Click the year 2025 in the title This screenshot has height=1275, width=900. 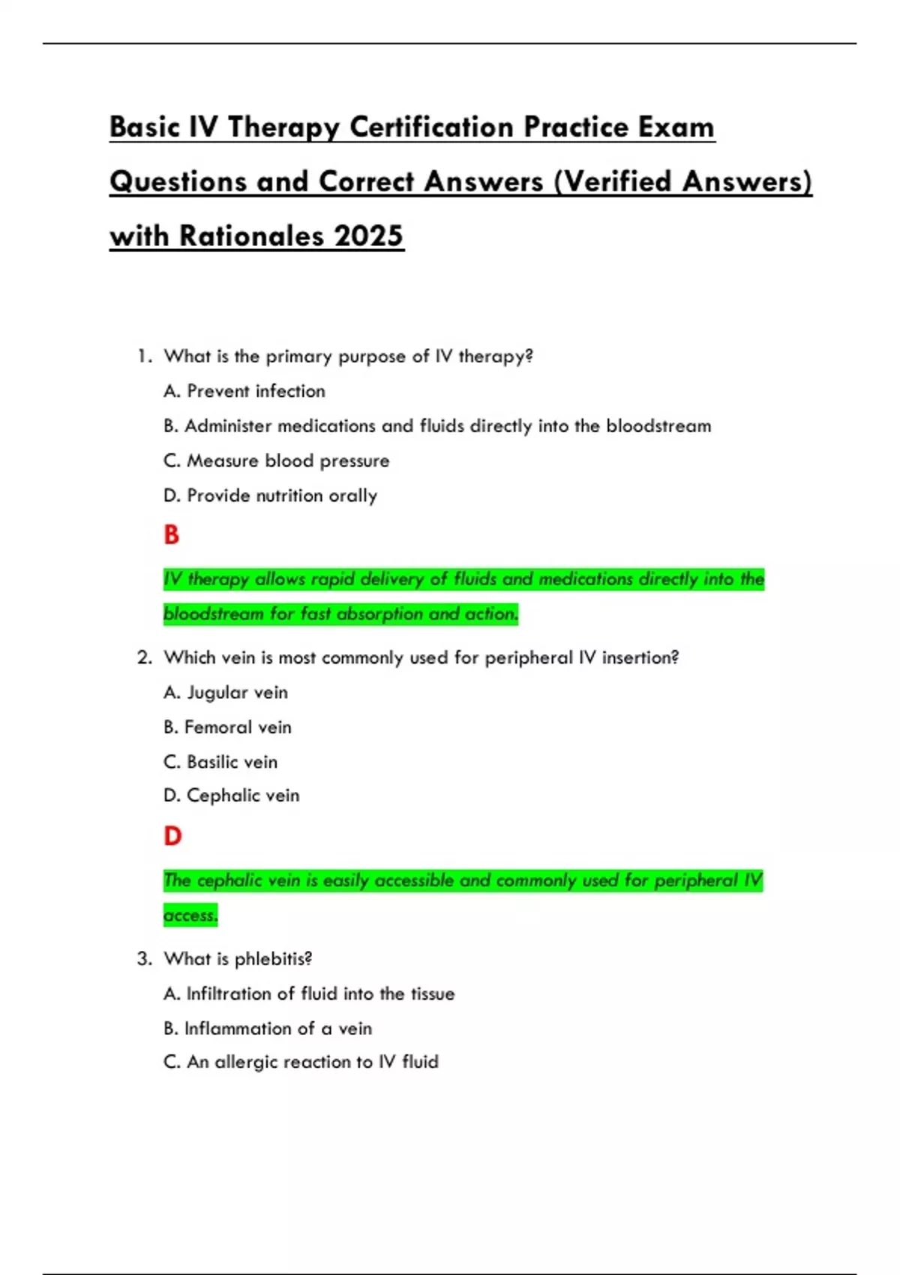[x=368, y=236]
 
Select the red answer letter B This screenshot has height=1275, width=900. [x=172, y=535]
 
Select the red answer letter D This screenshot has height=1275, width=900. [x=172, y=836]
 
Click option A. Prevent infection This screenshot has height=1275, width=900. [x=244, y=391]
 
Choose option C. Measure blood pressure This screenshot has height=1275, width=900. [x=277, y=460]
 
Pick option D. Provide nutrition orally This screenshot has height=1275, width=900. [x=271, y=496]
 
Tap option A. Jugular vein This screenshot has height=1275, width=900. [x=226, y=692]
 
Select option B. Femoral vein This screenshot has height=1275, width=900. [x=228, y=727]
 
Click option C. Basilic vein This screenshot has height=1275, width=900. [x=220, y=762]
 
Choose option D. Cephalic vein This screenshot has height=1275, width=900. [x=232, y=796]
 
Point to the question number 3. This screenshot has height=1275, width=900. [x=144, y=959]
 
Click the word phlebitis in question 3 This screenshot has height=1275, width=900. [x=273, y=959]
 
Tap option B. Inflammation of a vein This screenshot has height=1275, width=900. [x=268, y=1028]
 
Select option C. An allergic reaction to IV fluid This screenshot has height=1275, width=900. [x=301, y=1062]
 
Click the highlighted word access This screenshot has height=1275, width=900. [x=190, y=915]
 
